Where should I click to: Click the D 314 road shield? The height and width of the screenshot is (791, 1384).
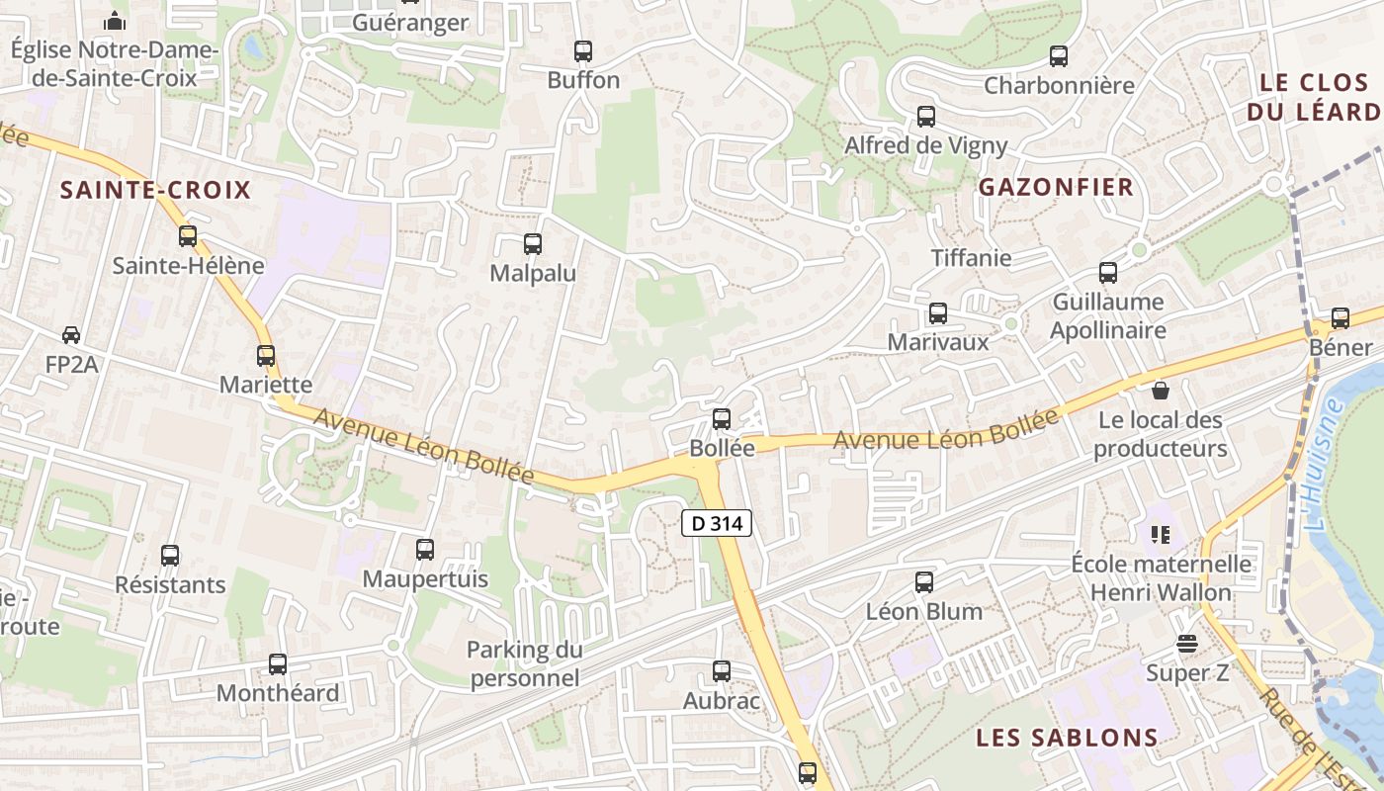click(x=717, y=523)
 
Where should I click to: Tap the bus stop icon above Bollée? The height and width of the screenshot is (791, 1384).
click(x=722, y=419)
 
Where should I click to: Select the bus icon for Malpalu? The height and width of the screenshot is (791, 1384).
click(x=533, y=244)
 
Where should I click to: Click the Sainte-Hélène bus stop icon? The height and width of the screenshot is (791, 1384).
click(x=188, y=236)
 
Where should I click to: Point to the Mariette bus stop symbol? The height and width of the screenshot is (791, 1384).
click(x=266, y=356)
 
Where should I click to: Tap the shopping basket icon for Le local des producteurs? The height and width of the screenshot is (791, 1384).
click(x=1161, y=392)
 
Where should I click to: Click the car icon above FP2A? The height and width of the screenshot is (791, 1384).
click(x=71, y=335)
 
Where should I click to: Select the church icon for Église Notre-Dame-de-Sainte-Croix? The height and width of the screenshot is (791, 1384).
click(x=115, y=20)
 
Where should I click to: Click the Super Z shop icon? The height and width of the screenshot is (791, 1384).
click(x=1187, y=645)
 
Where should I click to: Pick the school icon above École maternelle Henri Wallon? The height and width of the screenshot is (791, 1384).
click(x=1161, y=535)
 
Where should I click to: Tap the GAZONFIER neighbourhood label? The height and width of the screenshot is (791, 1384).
click(x=1056, y=187)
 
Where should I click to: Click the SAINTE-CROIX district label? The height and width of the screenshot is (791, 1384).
click(x=156, y=190)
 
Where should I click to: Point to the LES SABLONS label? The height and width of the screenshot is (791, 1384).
click(x=1067, y=738)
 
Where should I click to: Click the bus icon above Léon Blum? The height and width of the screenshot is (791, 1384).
click(x=924, y=582)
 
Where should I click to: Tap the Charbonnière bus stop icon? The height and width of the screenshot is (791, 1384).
click(x=1059, y=56)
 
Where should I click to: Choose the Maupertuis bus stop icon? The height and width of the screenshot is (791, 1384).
click(x=425, y=550)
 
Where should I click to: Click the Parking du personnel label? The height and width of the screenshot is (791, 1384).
click(x=524, y=663)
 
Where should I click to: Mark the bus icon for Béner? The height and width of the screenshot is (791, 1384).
click(x=1341, y=318)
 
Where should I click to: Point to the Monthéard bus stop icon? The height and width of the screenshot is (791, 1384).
click(x=278, y=664)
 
